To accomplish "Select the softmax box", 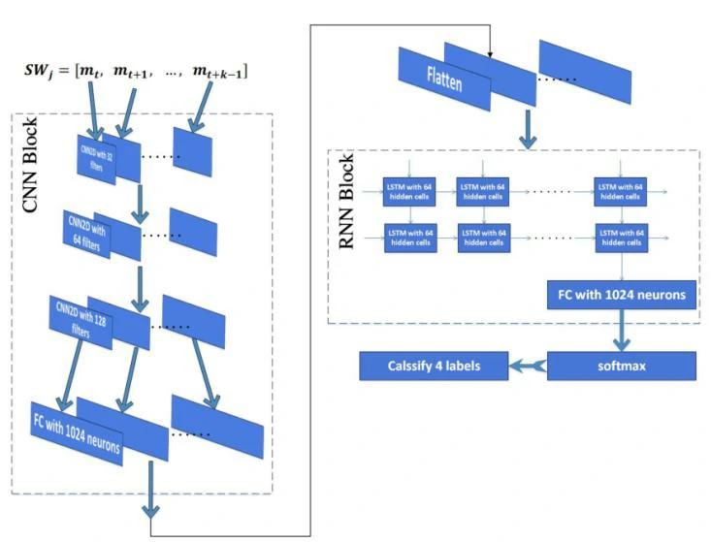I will tap(622, 366).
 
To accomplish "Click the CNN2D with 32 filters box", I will tap(95, 154).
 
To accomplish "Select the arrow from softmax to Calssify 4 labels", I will tap(528, 366).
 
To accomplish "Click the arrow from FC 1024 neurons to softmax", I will tap(622, 332).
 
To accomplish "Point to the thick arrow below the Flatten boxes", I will tap(526, 130).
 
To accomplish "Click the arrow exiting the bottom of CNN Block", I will tap(151, 494).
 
